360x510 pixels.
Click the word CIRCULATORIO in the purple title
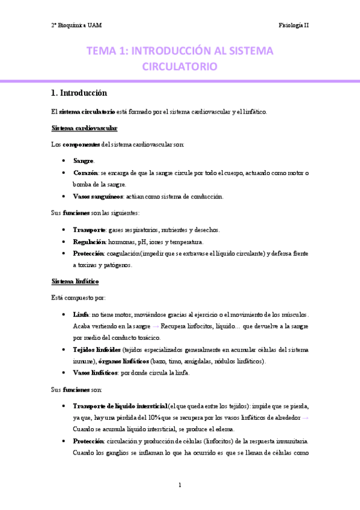[x=180, y=67]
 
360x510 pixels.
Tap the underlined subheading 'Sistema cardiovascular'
[x=85, y=128]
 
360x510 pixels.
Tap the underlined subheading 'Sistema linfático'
[x=76, y=281]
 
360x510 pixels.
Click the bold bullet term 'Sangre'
[x=83, y=161]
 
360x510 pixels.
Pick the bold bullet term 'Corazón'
[x=86, y=173]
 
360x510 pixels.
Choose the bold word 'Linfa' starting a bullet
[x=81, y=315]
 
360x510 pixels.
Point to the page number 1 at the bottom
[x=180, y=485]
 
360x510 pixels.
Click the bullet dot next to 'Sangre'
[x=64, y=161]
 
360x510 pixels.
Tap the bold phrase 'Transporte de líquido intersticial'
[x=120, y=407]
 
